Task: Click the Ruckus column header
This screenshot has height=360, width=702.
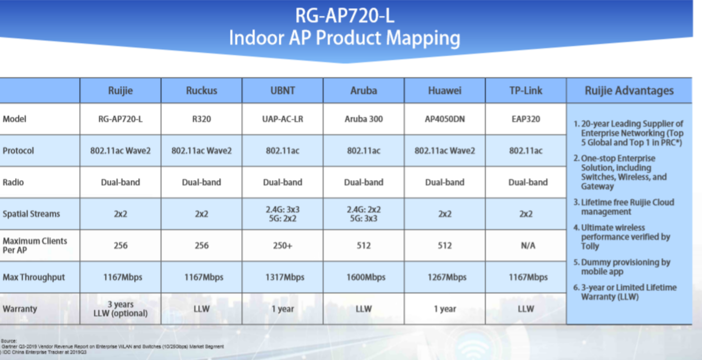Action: tap(202, 90)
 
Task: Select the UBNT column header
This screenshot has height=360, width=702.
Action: tap(282, 90)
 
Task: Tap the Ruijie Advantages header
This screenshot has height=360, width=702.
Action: tap(629, 90)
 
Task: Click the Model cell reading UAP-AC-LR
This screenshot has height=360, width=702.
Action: tap(282, 119)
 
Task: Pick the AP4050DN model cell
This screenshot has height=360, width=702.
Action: tap(445, 119)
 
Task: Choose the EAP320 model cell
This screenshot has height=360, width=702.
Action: tap(525, 119)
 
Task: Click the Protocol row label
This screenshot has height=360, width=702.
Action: tap(18, 151)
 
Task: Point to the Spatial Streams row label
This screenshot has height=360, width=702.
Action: tap(32, 214)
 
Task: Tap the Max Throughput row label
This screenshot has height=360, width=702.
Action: tap(33, 277)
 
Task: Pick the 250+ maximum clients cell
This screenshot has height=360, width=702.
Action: tap(282, 245)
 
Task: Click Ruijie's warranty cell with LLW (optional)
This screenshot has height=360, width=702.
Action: tap(121, 309)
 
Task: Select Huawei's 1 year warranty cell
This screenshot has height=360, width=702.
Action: tap(445, 309)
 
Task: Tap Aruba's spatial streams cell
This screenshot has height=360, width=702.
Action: tap(364, 214)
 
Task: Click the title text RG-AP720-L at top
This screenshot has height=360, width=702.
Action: tap(345, 16)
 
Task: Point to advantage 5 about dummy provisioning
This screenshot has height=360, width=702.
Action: tap(622, 267)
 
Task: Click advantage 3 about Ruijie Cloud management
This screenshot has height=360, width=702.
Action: tap(624, 207)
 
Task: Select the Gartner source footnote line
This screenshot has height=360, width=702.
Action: tap(112, 347)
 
